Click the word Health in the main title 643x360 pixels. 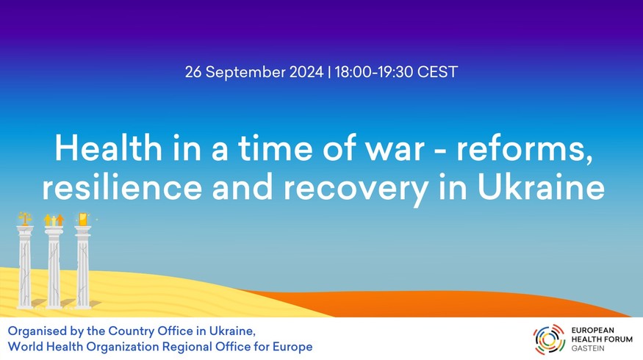[109, 148]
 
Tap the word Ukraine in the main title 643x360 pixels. [541, 187]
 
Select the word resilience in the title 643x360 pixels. [122, 187]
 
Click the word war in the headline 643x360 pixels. [395, 151]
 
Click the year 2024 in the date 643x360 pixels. [306, 72]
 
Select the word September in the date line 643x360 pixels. [245, 73]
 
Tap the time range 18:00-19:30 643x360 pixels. [373, 72]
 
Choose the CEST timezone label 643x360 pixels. [437, 72]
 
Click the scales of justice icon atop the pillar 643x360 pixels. [25, 218]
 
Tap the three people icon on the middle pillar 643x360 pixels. [54, 220]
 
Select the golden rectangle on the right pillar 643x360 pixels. [83, 220]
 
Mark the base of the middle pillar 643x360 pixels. [54, 306]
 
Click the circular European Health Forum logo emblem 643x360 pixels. [549, 339]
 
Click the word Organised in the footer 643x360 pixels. [31, 331]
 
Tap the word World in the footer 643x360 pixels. [25, 347]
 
